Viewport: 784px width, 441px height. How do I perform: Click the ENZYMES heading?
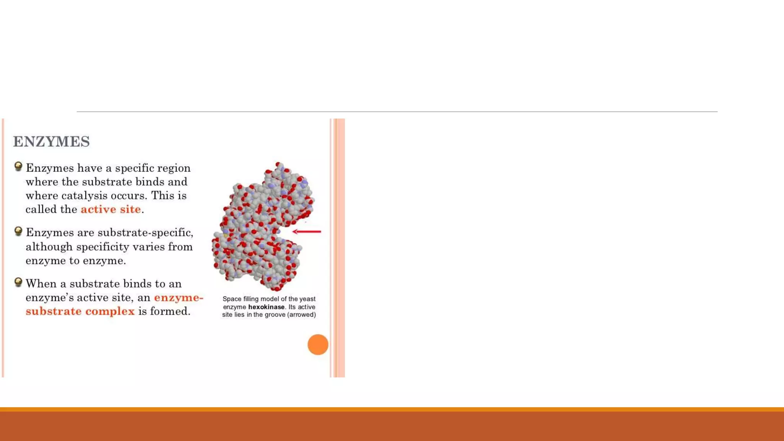click(51, 142)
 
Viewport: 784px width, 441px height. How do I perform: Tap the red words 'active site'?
click(111, 209)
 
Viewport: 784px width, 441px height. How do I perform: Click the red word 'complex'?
click(110, 311)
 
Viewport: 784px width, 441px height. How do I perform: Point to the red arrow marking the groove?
click(307, 231)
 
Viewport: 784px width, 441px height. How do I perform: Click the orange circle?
click(318, 345)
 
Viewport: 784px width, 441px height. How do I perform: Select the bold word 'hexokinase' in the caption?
click(266, 307)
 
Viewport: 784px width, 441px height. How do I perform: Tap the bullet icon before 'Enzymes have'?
click(18, 167)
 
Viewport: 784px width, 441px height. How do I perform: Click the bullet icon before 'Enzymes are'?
click(18, 231)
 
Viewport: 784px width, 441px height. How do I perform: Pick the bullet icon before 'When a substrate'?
click(18, 282)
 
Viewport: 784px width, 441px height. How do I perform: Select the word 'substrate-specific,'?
click(145, 233)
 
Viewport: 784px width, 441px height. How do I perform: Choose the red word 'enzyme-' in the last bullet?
click(178, 297)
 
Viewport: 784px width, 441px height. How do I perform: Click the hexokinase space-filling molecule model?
click(260, 230)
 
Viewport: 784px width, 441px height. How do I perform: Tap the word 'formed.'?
click(170, 311)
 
